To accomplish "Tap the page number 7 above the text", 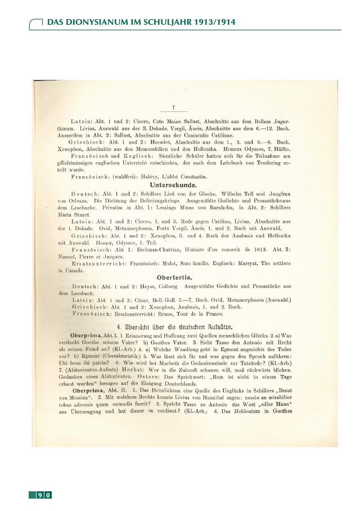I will coord(174,107).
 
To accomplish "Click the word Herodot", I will coord(147,142).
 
